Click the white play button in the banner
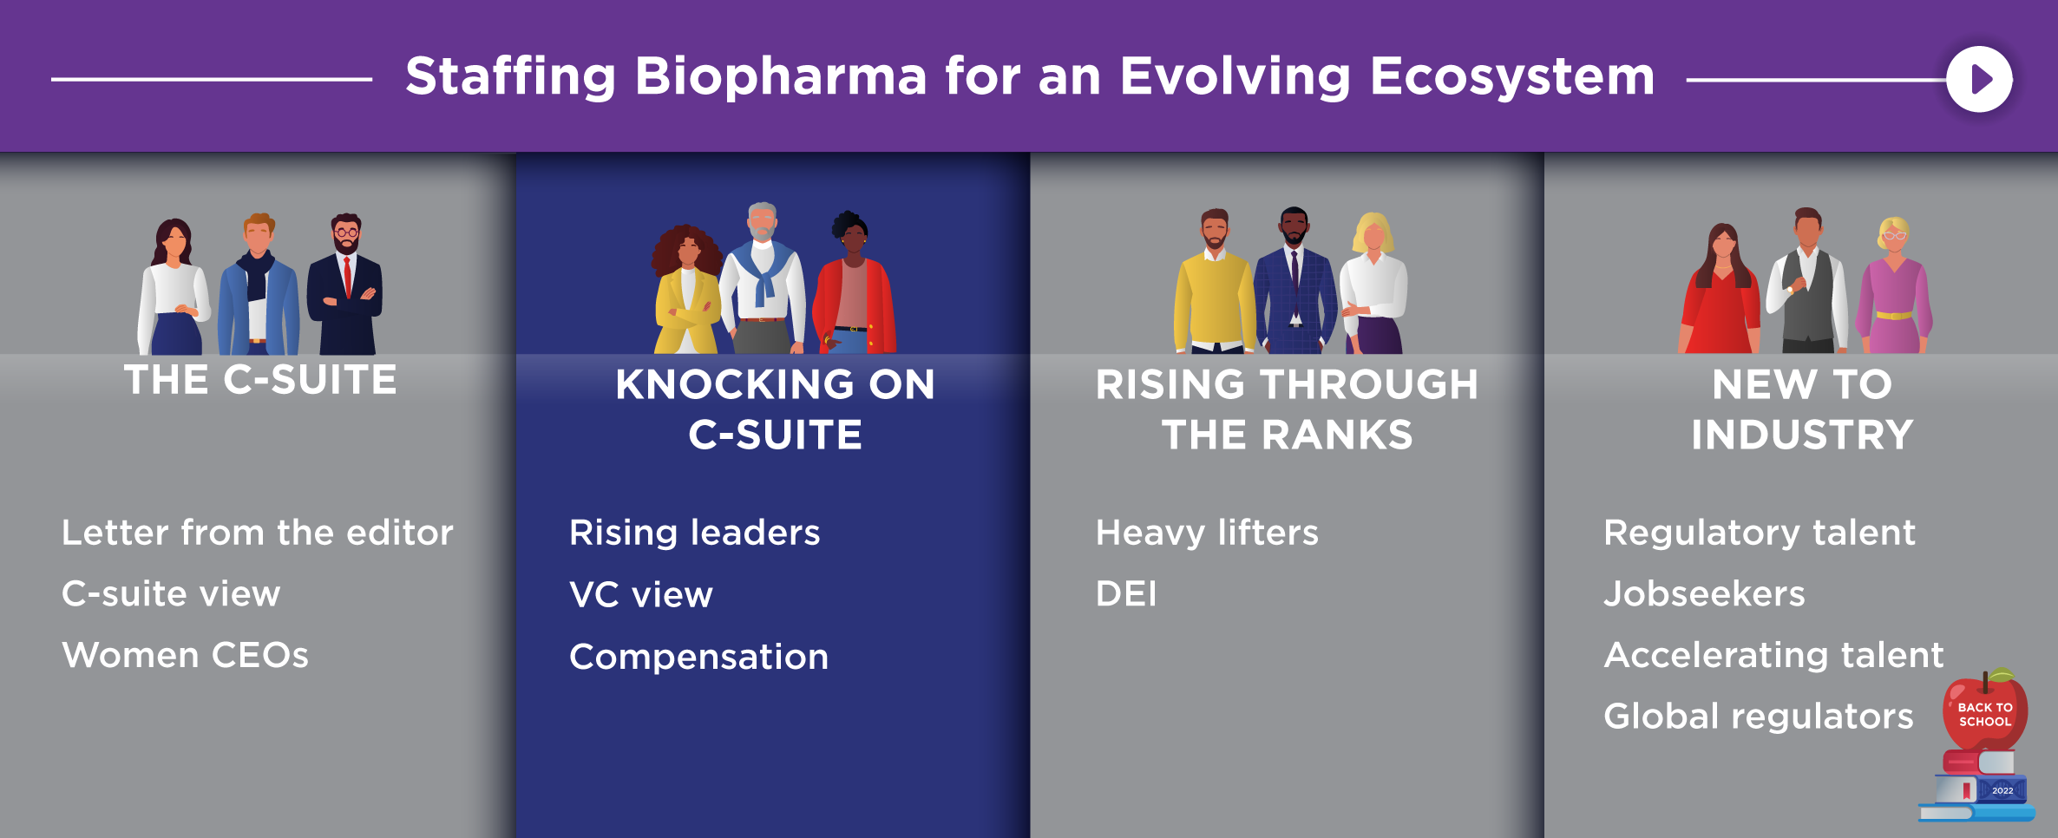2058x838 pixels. pos(1979,79)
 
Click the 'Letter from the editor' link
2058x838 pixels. pos(258,533)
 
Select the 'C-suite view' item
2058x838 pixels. pos(171,594)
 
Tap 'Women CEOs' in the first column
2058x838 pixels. pos(185,656)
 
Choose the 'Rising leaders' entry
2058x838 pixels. pos(694,533)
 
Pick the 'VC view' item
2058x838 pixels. pos(640,595)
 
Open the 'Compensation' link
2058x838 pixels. pos(698,658)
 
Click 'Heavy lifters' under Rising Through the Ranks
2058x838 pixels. pos(1207,533)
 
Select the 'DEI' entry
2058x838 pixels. pos(1126,594)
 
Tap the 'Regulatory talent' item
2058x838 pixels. pos(1760,533)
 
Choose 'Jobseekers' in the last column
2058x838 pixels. pos(1704,594)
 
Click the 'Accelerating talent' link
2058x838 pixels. pos(1773,656)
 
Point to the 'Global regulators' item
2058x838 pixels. pos(1759,717)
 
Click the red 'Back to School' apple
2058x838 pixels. pos(1985,711)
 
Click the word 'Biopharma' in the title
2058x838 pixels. pos(781,76)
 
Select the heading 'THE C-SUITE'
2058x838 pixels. pos(260,380)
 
